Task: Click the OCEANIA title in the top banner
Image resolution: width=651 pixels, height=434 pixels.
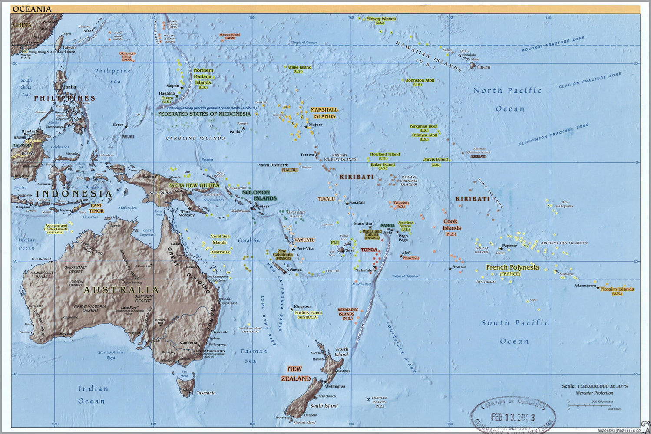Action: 32,9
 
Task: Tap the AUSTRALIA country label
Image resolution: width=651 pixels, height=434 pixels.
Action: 121,290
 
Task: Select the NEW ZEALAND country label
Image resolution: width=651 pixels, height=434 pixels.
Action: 295,374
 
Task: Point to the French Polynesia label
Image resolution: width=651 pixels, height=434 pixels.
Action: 512,267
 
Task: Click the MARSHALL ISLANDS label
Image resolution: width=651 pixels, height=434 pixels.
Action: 324,113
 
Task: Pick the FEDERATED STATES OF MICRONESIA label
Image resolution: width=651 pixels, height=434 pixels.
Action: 204,114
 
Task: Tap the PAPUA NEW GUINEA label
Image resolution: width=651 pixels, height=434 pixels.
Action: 194,185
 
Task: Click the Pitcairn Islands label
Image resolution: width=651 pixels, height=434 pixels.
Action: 617,289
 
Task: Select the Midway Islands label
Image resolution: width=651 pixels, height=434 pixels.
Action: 380,19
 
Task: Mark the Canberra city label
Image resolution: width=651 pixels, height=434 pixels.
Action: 188,342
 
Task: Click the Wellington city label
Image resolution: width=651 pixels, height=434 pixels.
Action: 335,386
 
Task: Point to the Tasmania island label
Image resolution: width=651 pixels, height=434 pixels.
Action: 206,393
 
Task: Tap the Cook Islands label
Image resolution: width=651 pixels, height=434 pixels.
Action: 452,225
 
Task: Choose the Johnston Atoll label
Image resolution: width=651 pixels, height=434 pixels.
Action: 420,80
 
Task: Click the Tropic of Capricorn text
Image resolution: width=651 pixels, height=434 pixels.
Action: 406,276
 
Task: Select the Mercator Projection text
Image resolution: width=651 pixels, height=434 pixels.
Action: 594,393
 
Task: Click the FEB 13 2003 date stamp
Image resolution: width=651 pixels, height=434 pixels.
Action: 512,417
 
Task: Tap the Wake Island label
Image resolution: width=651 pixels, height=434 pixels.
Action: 299,67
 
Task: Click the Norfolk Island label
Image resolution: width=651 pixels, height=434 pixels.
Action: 308,313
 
